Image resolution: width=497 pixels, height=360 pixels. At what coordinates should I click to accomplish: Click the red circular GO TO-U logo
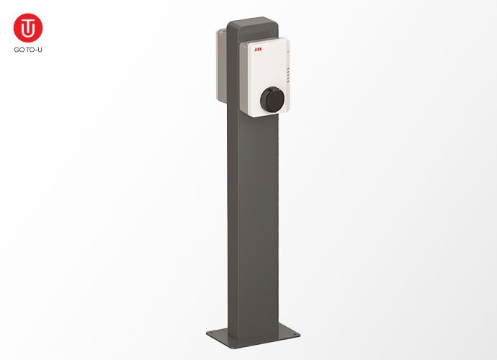pyautogui.click(x=28, y=27)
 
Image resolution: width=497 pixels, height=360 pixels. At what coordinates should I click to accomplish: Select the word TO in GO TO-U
pyautogui.click(x=30, y=50)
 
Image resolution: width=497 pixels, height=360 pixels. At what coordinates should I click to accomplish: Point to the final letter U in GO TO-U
pyautogui.click(x=40, y=50)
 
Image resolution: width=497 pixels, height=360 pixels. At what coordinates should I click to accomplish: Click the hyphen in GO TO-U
pyautogui.click(x=36, y=50)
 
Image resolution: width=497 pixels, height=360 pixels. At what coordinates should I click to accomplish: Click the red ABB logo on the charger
pyautogui.click(x=257, y=50)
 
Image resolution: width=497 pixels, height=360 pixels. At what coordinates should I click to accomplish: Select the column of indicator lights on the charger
pyautogui.click(x=287, y=74)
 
